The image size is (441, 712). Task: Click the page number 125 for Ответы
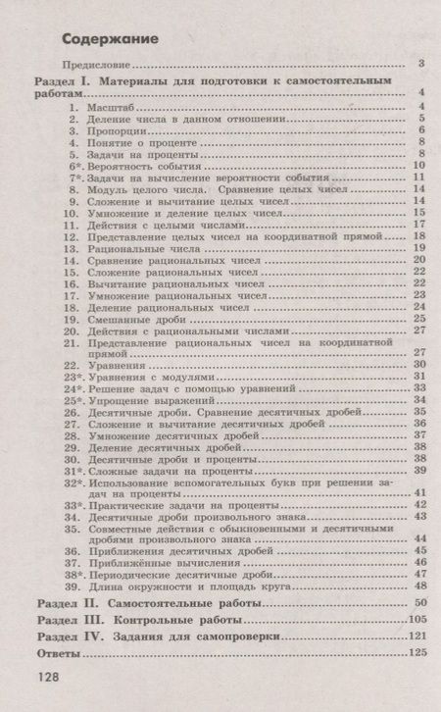[417, 651]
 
